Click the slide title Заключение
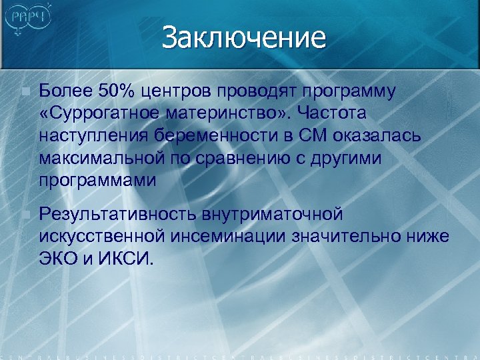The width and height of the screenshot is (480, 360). (243, 37)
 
